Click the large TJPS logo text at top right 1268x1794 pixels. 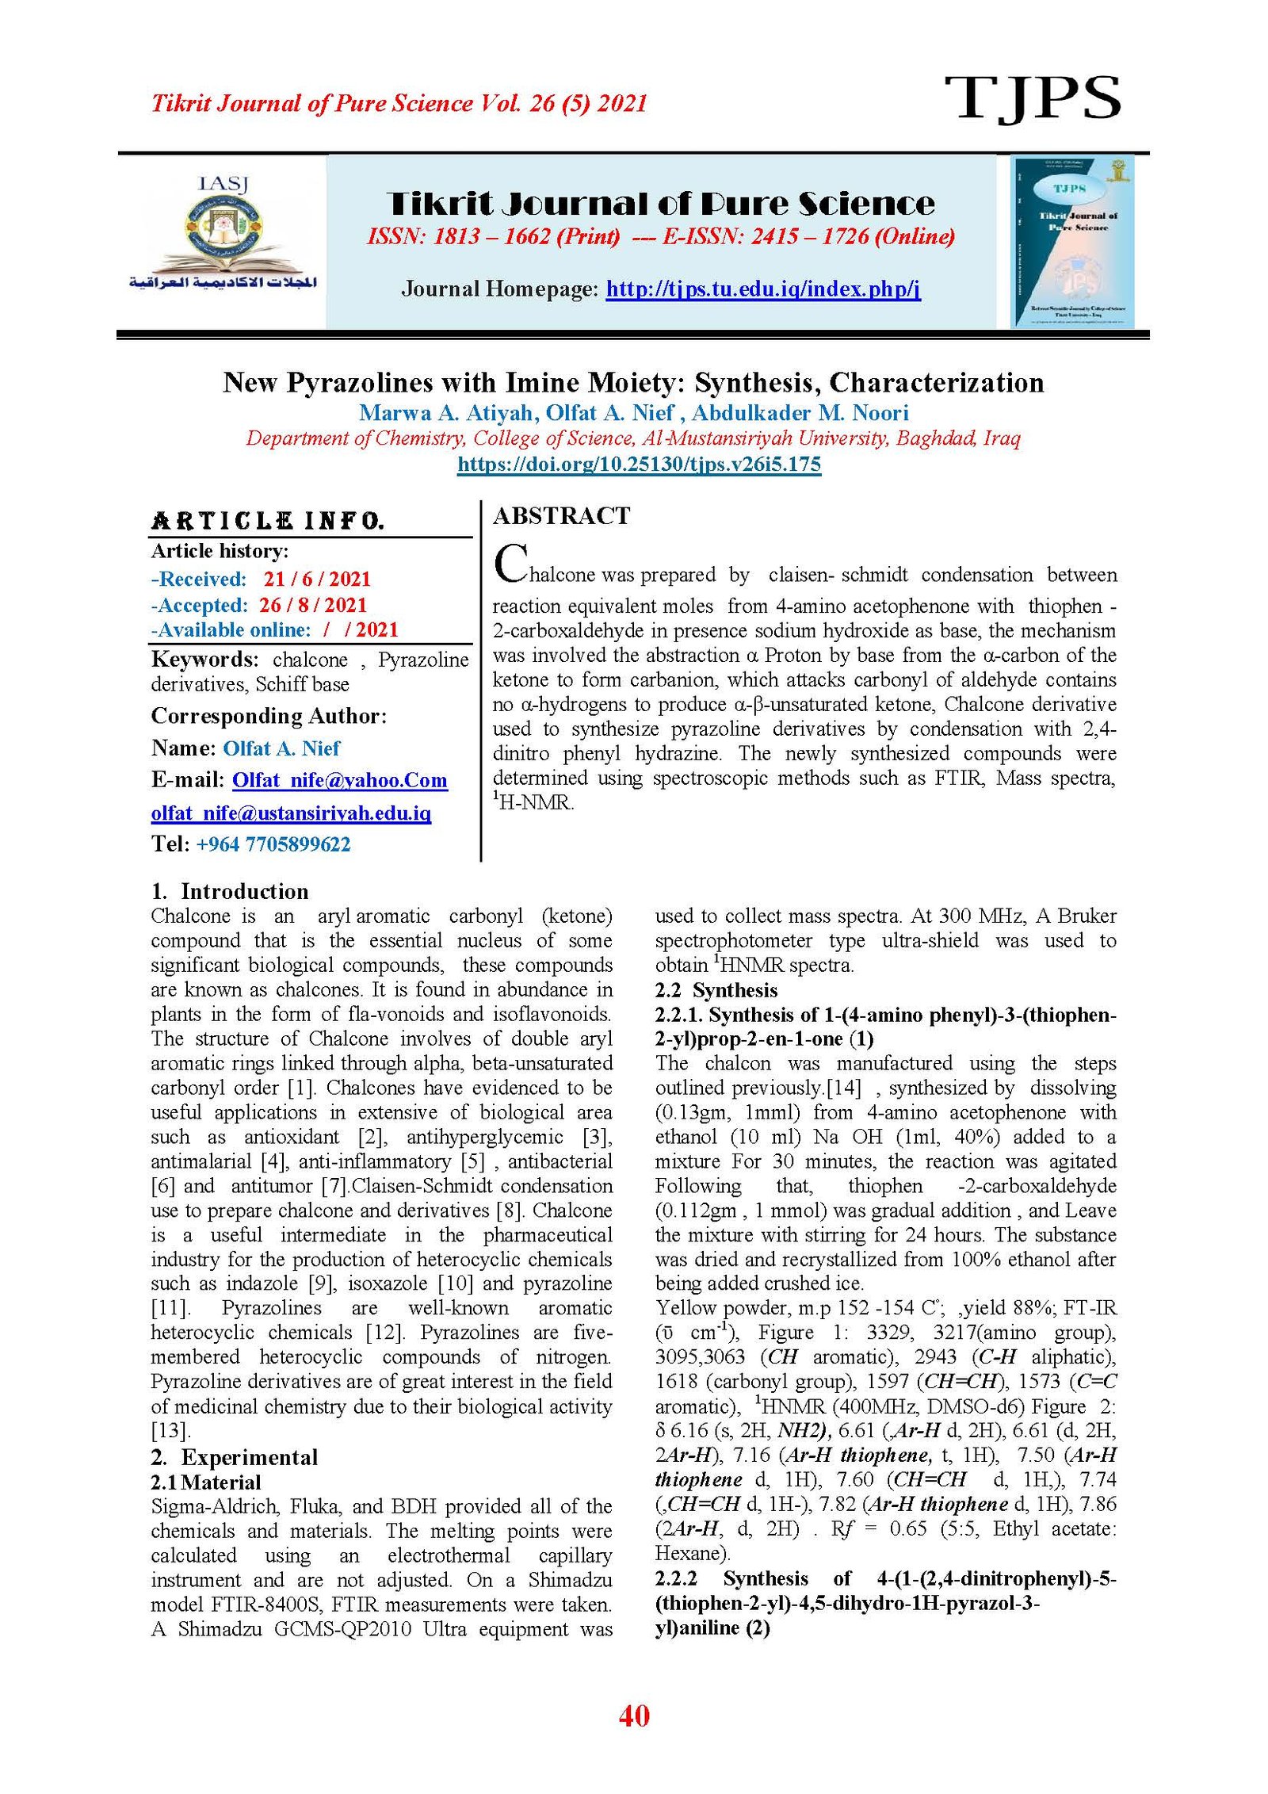point(1031,99)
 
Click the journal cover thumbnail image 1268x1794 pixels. point(1072,242)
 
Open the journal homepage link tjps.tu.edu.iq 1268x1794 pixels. point(762,289)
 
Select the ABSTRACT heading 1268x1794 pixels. point(561,516)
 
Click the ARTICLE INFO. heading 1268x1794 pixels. point(268,521)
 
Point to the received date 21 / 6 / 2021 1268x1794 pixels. point(317,579)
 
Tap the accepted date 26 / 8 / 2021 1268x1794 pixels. point(313,605)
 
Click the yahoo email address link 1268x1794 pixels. point(339,780)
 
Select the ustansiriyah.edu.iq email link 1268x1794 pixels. point(291,813)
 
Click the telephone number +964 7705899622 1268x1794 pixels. point(273,844)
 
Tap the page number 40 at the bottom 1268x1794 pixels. point(633,1716)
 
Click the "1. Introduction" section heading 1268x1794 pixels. point(230,891)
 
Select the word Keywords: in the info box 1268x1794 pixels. point(204,660)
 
